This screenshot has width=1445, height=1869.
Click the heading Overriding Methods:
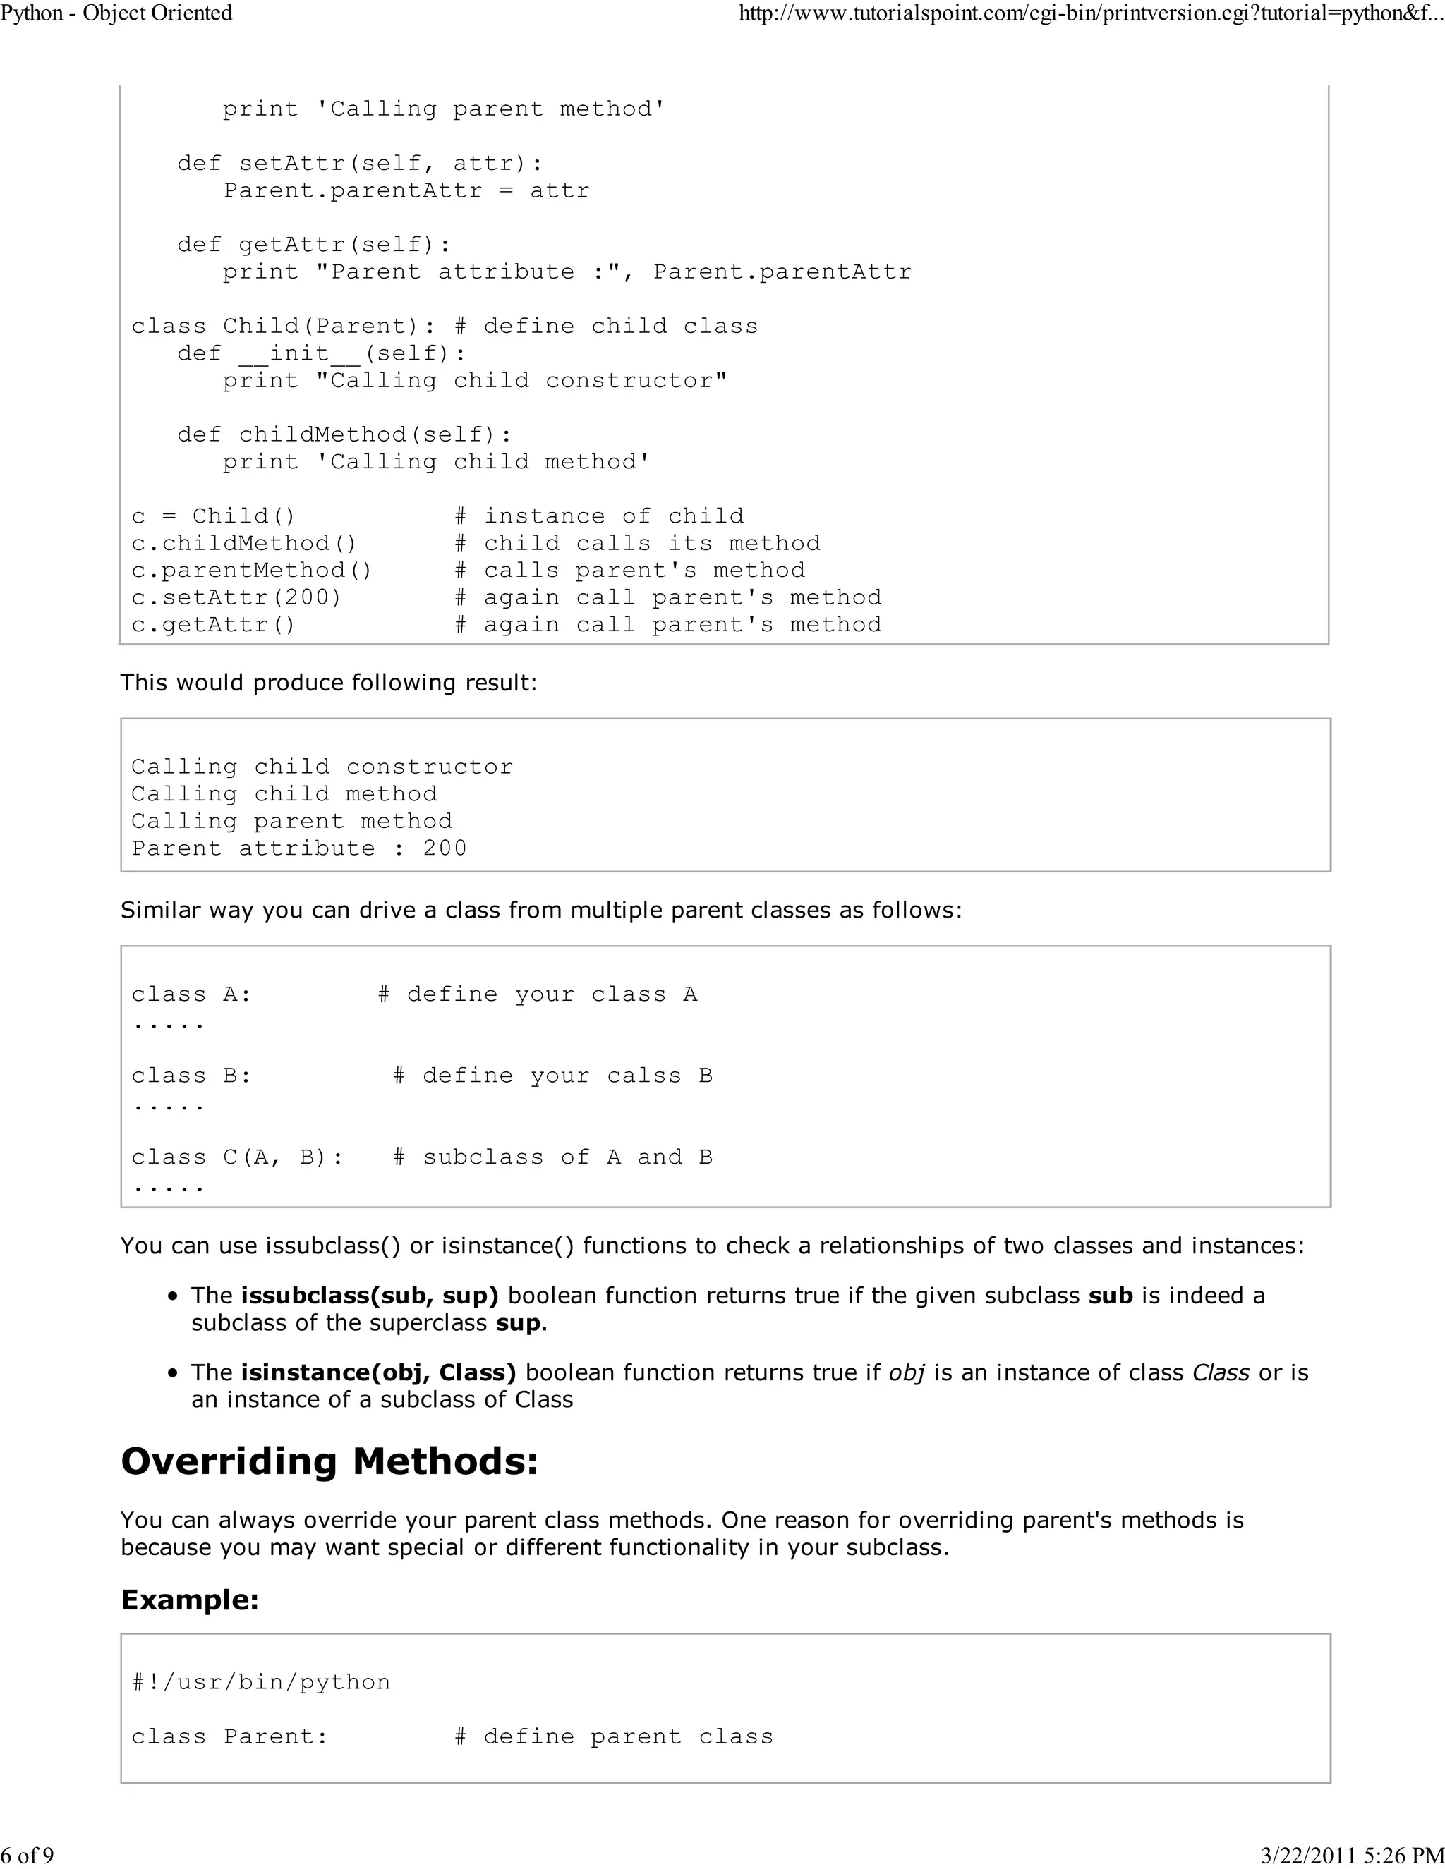(x=329, y=1461)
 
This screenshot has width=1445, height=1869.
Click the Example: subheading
(x=189, y=1600)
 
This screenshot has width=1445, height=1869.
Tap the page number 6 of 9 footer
(x=28, y=1854)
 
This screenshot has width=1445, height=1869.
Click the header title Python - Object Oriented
(x=116, y=13)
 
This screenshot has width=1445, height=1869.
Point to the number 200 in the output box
(x=445, y=848)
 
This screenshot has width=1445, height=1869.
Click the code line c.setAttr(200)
(x=236, y=597)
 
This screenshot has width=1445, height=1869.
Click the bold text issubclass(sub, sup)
(x=369, y=1296)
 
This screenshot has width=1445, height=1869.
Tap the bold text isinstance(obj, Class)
(x=377, y=1372)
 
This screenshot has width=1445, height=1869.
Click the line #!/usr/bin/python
(x=260, y=1682)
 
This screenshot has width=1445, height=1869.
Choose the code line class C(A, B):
(x=237, y=1157)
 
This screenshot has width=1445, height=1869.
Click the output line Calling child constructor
(x=321, y=767)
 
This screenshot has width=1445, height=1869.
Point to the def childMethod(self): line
(x=344, y=434)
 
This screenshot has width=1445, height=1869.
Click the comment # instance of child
(x=598, y=516)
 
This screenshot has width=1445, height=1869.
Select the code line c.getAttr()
(x=213, y=625)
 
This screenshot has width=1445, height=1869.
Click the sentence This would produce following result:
(x=329, y=683)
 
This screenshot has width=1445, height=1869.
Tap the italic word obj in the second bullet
(x=907, y=1372)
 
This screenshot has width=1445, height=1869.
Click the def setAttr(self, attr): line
(x=360, y=164)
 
